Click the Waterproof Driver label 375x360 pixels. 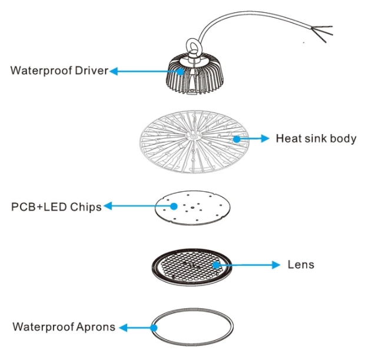click(x=59, y=71)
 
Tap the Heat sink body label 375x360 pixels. click(x=316, y=139)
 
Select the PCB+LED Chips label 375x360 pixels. click(x=56, y=206)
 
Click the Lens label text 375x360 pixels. click(x=300, y=265)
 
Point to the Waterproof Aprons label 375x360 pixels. click(x=64, y=326)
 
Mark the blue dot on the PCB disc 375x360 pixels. click(x=174, y=206)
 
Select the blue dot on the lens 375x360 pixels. click(x=217, y=265)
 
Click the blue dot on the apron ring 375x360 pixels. click(x=154, y=327)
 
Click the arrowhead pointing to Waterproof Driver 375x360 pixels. click(x=114, y=71)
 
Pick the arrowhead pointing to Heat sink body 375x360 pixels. click(x=266, y=139)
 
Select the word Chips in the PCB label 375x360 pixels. click(x=85, y=206)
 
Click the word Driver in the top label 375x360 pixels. click(x=91, y=71)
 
